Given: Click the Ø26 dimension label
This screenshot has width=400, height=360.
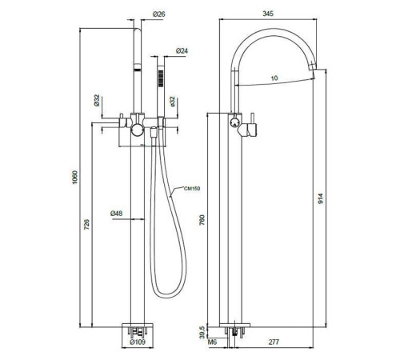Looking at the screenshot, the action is (159, 14).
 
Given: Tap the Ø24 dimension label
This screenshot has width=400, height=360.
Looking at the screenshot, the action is (182, 50).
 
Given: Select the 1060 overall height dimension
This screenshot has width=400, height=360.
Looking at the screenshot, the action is (74, 177).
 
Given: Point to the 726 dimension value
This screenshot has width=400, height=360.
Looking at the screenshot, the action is (87, 224).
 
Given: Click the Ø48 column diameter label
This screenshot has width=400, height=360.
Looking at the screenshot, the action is (117, 214).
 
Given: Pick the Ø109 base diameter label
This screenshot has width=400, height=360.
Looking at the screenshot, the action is (138, 342).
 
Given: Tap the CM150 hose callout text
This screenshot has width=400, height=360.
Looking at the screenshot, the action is (192, 189).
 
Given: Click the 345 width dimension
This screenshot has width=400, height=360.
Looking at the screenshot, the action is (268, 14).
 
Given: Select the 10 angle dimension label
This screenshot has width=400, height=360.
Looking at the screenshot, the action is (274, 78).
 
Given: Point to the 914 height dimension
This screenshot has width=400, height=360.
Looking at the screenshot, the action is (320, 198).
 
